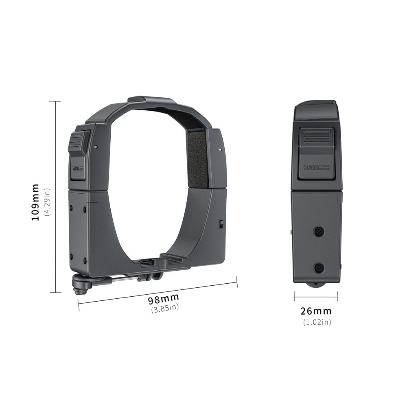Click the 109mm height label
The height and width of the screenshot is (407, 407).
click(35, 202)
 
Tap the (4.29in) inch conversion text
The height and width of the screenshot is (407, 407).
click(48, 202)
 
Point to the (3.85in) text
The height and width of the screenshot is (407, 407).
click(165, 309)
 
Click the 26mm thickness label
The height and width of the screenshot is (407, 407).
click(316, 311)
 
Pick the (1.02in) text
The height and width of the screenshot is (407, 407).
click(317, 322)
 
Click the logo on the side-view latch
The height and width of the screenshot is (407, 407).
click(316, 167)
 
